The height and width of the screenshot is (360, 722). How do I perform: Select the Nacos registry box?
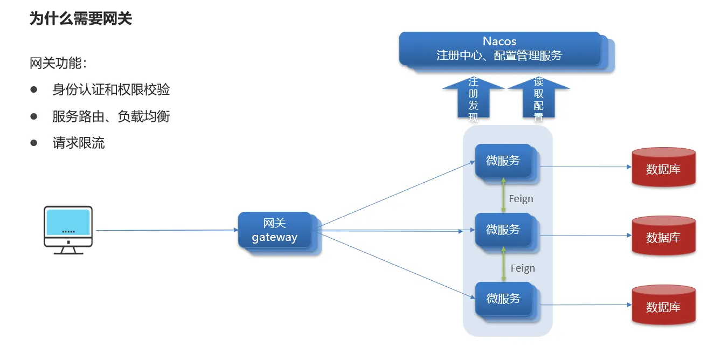tap(499, 49)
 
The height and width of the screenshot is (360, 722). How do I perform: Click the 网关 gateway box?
tap(275, 230)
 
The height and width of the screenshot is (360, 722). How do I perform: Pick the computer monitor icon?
tap(68, 229)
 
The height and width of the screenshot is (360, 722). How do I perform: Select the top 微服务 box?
tap(503, 161)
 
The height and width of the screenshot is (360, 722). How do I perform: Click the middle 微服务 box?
tap(503, 230)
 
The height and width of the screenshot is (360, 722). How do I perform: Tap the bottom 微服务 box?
tap(503, 299)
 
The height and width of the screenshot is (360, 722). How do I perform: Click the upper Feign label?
tap(521, 199)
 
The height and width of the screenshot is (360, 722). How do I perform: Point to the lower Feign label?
tap(523, 268)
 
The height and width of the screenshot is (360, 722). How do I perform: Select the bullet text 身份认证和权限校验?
tap(111, 89)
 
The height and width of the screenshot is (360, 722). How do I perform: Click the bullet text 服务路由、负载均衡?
tap(111, 116)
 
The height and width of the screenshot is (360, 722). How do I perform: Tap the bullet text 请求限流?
tap(79, 143)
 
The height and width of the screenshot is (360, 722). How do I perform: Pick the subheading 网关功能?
tap(58, 64)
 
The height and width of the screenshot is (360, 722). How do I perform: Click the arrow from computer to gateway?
tap(167, 230)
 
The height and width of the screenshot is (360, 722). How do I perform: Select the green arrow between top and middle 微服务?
tap(503, 195)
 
